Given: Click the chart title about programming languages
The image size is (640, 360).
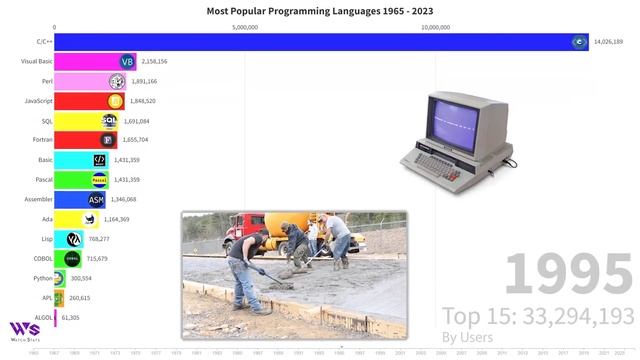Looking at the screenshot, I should click(320, 11).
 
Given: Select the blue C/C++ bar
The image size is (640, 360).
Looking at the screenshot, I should click(310, 42).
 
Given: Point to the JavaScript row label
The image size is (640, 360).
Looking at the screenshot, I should click(38, 101).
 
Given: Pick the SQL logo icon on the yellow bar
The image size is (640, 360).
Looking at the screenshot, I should click(110, 121).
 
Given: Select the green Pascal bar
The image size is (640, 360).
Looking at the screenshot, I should click(75, 180).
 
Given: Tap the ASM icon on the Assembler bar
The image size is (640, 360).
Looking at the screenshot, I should click(96, 200).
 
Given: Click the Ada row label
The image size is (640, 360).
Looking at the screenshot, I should click(46, 219).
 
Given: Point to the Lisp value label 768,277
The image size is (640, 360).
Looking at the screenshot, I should click(99, 239).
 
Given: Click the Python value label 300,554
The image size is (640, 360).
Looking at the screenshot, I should click(81, 278).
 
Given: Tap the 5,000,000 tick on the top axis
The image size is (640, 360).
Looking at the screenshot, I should click(245, 28).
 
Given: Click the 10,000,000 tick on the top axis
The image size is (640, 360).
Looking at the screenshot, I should click(435, 28).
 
